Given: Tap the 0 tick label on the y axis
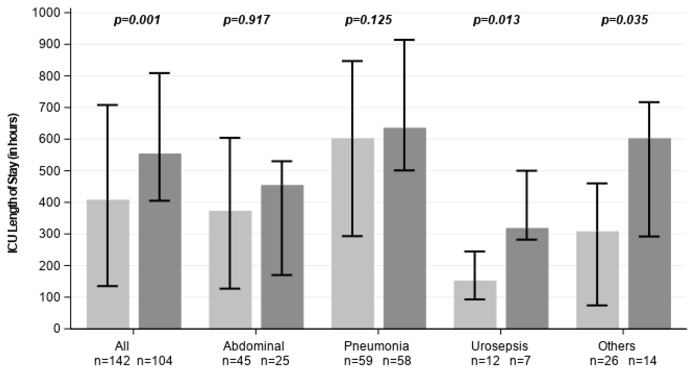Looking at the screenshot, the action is pyautogui.click(x=57, y=329).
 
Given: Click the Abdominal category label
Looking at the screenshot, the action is pyautogui.click(x=254, y=346).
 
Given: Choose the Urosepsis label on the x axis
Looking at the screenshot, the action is pyautogui.click(x=499, y=346).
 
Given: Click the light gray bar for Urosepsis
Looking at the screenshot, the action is pyautogui.click(x=475, y=305).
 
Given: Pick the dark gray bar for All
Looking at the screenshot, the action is pyautogui.click(x=160, y=241).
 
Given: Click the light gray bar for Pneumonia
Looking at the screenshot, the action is pyautogui.click(x=353, y=233).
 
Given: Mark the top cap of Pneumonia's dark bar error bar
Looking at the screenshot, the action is pyautogui.click(x=405, y=40).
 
